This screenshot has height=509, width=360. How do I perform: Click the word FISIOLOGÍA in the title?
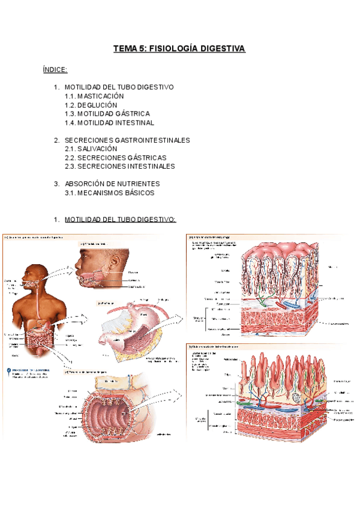point(174,49)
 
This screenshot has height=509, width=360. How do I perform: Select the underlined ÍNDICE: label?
point(55,70)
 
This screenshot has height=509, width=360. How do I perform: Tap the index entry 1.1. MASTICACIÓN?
point(94,96)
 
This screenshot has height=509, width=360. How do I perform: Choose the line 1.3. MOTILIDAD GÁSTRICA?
point(107,113)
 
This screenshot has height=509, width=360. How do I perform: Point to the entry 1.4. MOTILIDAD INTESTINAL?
point(110,122)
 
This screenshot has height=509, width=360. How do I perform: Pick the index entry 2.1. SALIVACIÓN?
point(91,148)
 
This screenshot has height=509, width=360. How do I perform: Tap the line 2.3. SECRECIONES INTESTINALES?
point(120,166)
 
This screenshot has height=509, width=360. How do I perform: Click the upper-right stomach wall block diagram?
point(270,288)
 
